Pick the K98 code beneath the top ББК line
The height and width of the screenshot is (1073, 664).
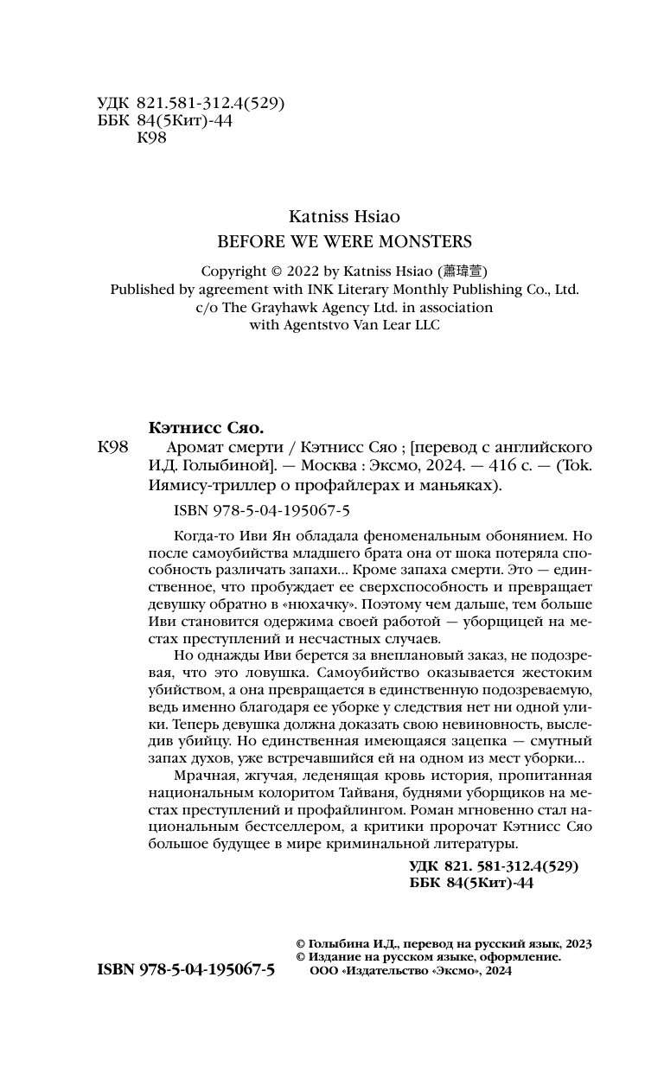[x=152, y=139]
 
